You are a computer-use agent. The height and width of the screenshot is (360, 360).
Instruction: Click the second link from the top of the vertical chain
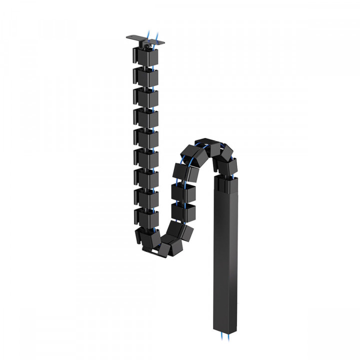pos(145,75)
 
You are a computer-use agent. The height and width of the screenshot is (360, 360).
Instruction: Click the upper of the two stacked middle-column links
pos(183,193)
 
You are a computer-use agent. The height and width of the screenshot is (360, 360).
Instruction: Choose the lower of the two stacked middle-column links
pos(183,212)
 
